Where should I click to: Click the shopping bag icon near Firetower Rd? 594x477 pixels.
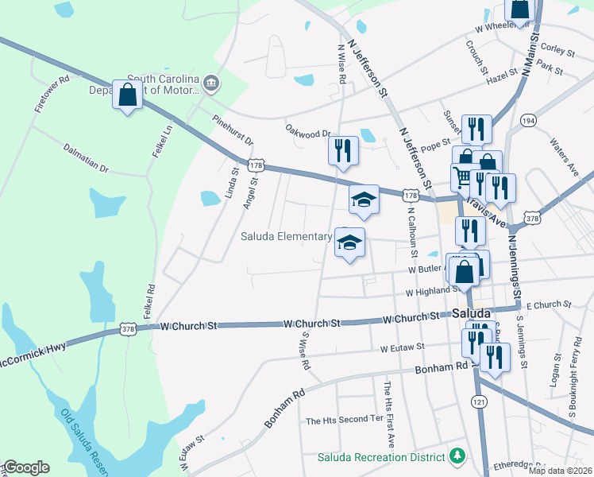tap(127, 95)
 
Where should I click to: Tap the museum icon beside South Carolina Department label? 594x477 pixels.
tap(210, 83)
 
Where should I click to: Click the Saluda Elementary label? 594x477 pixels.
tap(287, 236)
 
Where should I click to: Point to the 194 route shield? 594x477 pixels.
tap(527, 120)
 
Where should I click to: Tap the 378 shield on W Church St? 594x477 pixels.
tap(129, 328)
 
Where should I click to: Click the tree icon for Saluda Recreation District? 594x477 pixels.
tap(457, 456)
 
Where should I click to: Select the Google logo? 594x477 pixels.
tap(26, 467)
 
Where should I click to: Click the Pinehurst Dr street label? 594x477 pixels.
tap(233, 130)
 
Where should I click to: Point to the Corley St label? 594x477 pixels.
tap(557, 49)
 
